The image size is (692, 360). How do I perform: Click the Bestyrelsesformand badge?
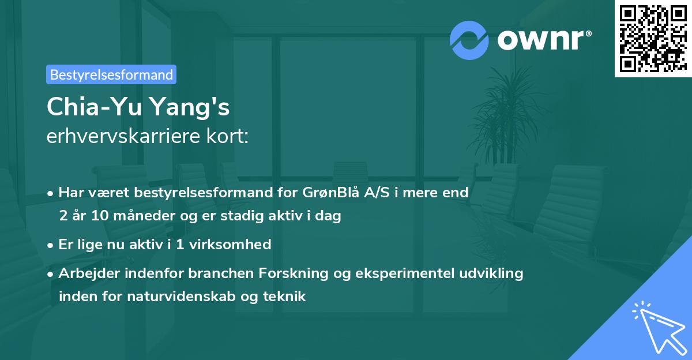tap(111, 74)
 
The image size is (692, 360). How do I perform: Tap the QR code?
tap(652, 38)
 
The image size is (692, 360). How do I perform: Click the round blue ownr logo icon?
tap(469, 40)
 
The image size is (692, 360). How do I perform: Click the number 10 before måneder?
tap(97, 216)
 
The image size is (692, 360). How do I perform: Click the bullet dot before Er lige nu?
tap(51, 245)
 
